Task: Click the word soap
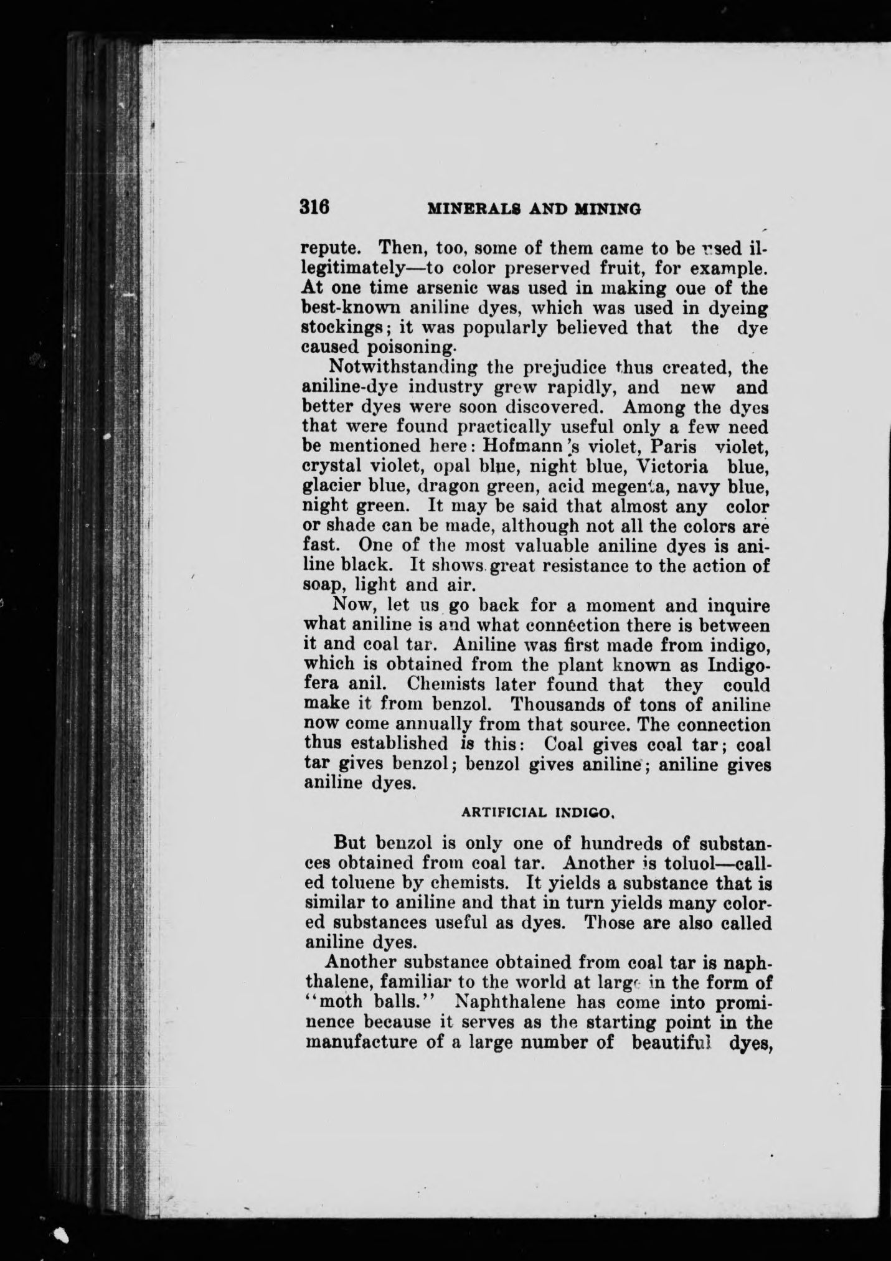pyautogui.click(x=323, y=586)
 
